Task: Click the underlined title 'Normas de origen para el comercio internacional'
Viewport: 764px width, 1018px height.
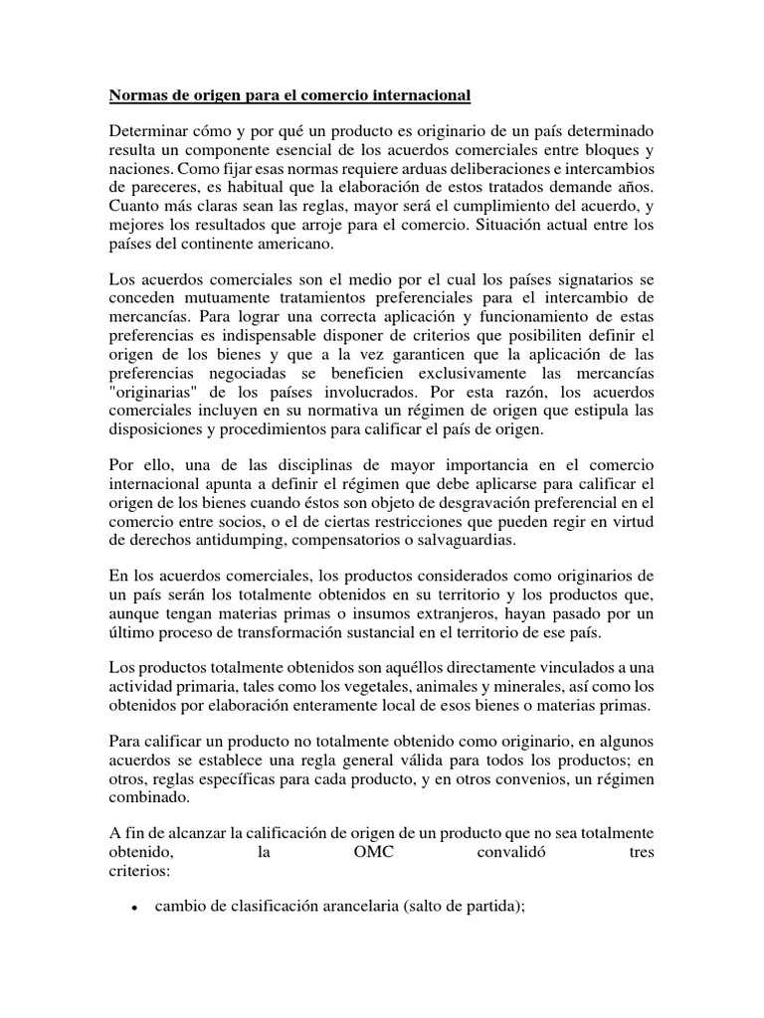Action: [288, 95]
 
